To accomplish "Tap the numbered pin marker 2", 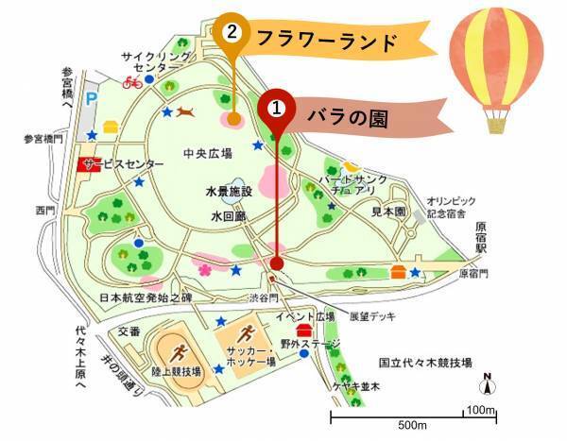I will click(x=231, y=32).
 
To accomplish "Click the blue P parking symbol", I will click(x=92, y=98).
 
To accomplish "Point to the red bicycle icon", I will click(x=131, y=82).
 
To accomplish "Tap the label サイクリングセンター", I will click(x=150, y=62).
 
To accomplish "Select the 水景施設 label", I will click(x=229, y=191).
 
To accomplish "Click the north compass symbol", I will click(x=488, y=382).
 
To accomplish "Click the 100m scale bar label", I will click(x=482, y=410).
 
